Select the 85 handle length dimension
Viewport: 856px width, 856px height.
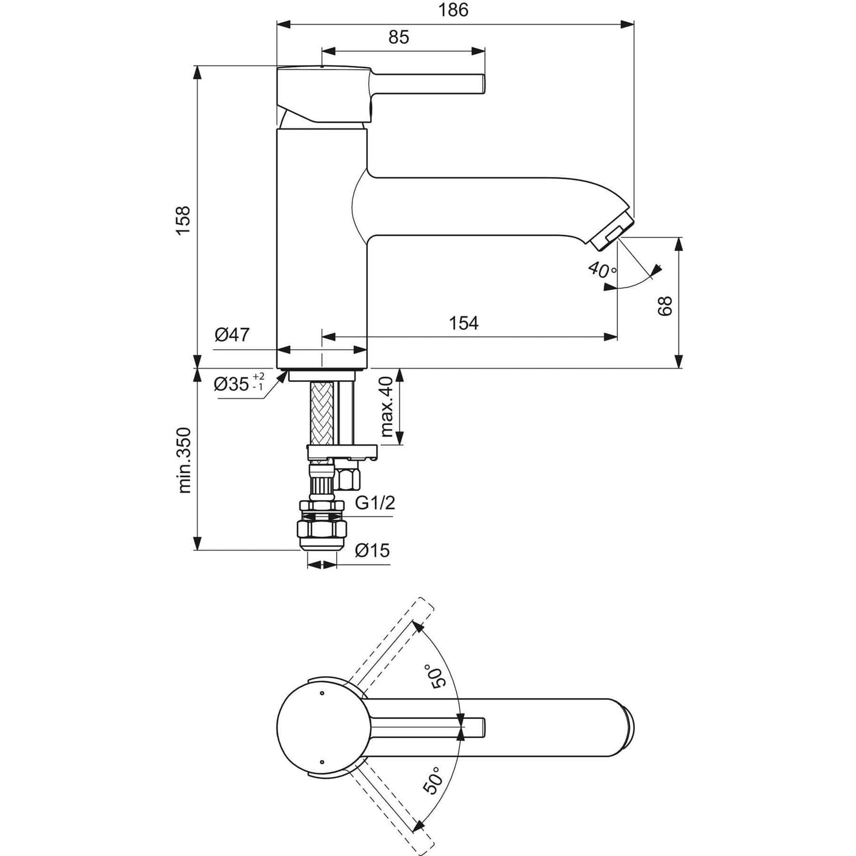(399, 37)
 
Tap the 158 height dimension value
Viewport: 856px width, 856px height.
(183, 221)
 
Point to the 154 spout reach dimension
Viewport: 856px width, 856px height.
(463, 323)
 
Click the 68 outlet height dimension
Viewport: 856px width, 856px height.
(665, 306)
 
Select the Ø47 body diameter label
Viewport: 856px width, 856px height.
(232, 334)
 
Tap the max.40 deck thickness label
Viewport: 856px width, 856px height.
(387, 407)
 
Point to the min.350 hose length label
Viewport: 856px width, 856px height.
(184, 460)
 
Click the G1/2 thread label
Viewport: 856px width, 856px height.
(374, 503)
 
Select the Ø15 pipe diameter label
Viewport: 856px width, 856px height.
(372, 550)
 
